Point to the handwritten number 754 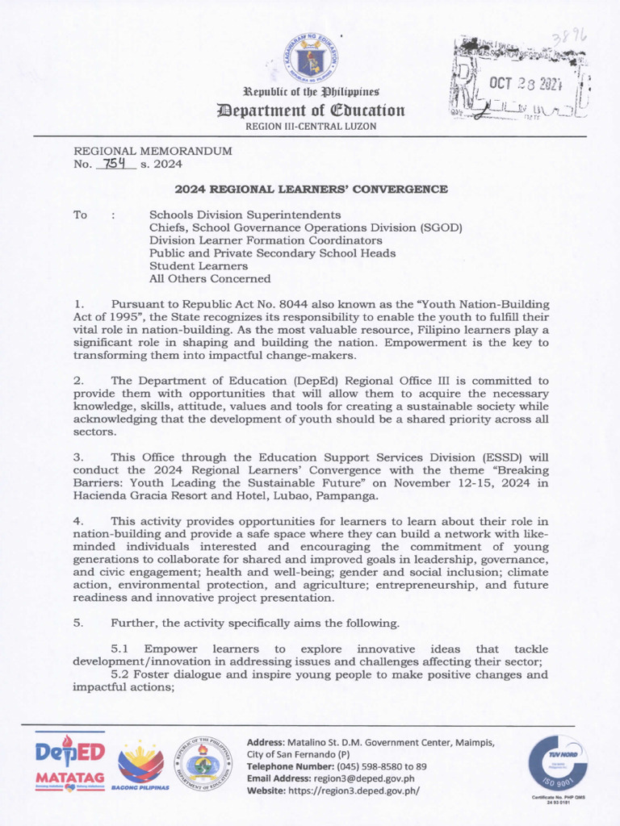[x=115, y=164]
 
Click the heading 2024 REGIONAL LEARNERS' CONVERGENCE [x=311, y=190]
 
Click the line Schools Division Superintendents [x=245, y=215]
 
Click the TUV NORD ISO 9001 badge [x=557, y=764]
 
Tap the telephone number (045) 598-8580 [x=364, y=766]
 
